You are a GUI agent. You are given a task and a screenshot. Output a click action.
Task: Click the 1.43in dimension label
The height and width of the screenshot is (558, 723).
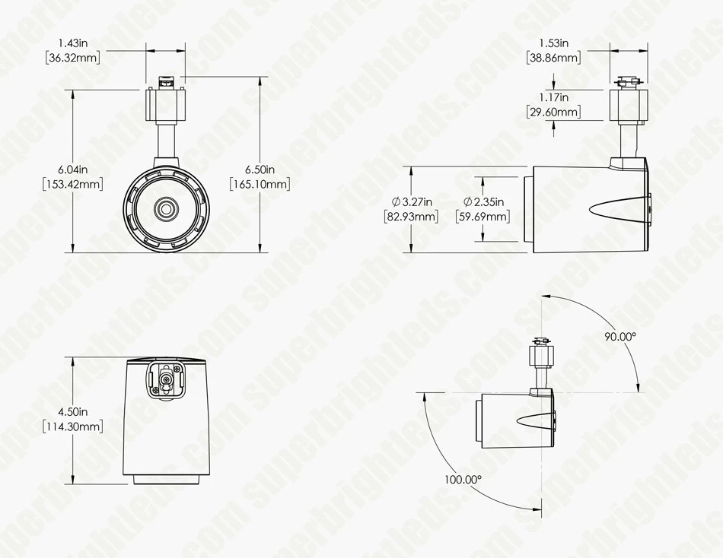(x=73, y=43)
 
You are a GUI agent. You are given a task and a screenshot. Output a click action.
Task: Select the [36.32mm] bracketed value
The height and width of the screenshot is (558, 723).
(x=73, y=58)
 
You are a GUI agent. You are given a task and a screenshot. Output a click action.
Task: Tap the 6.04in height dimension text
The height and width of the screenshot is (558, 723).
(x=73, y=170)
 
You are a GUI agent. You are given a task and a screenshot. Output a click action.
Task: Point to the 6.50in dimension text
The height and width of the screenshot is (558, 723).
(x=260, y=170)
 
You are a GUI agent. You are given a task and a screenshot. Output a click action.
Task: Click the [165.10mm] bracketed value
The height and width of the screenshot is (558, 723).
(x=260, y=184)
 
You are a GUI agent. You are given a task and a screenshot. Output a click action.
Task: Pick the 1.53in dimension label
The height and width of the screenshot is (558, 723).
(x=554, y=43)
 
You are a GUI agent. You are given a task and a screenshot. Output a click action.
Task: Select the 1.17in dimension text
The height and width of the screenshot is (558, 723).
(x=554, y=97)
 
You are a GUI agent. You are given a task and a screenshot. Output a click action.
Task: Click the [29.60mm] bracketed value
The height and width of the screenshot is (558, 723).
(x=554, y=112)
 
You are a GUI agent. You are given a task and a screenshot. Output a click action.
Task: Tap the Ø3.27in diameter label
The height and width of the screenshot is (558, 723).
(x=412, y=201)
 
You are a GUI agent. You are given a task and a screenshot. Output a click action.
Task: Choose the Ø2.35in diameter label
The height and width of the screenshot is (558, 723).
(x=483, y=201)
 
